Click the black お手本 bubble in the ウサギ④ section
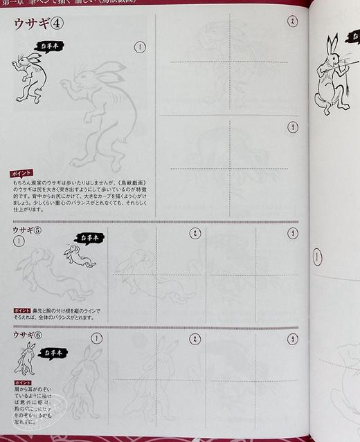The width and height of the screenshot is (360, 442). coord(50,48)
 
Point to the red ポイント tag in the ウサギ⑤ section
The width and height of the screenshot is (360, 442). coord(21,311)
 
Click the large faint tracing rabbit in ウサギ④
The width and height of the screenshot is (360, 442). coord(100,111)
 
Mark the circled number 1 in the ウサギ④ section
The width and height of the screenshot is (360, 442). coord(141,47)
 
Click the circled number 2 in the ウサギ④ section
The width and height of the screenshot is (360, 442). coord(292,21)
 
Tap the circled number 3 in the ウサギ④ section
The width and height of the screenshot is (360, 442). coord(292,127)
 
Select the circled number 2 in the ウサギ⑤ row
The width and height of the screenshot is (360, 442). coord(195,234)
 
